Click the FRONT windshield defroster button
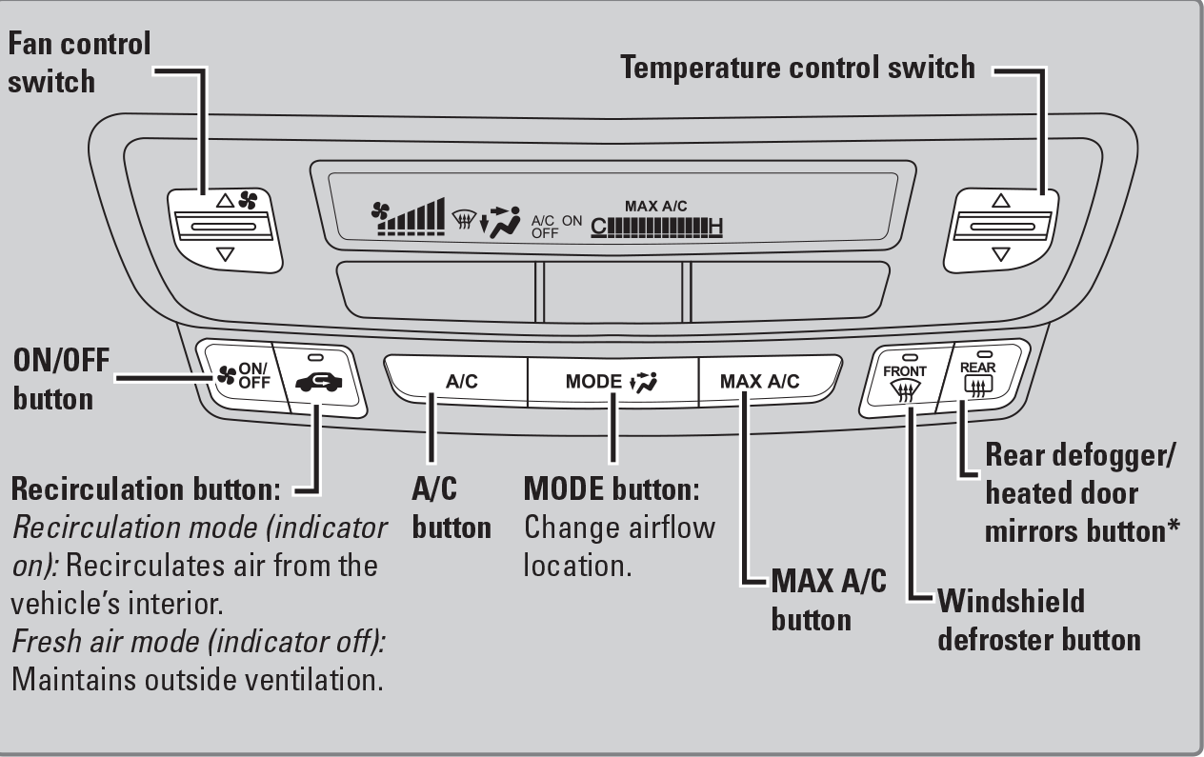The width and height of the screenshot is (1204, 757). point(903,381)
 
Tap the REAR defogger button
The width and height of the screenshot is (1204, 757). point(976,377)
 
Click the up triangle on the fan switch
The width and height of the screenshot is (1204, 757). point(225,201)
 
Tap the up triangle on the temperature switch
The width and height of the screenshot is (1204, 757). point(999,201)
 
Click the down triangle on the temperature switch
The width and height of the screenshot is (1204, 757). point(999,254)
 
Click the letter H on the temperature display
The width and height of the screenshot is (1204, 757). point(714,227)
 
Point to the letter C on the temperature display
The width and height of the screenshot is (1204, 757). point(597,227)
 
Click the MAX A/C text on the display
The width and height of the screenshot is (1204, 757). point(655,206)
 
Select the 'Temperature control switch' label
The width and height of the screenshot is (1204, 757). point(798,68)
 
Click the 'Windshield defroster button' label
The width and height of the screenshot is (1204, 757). point(1038,619)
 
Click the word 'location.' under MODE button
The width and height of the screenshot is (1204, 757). point(577,566)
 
